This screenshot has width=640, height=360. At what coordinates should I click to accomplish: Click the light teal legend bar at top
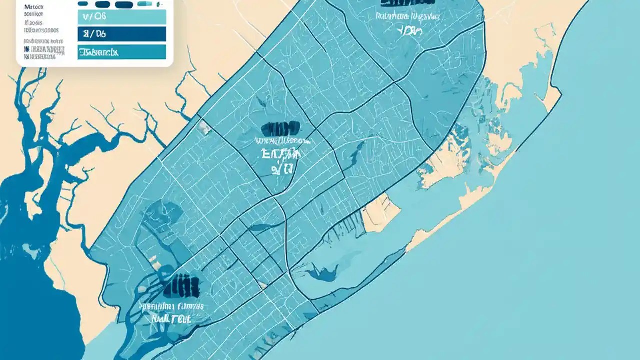121,17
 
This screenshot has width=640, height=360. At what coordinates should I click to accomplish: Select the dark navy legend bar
121,34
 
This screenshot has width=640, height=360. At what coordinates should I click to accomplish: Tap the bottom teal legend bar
121,52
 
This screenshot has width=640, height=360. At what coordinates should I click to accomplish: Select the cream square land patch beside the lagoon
379,213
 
